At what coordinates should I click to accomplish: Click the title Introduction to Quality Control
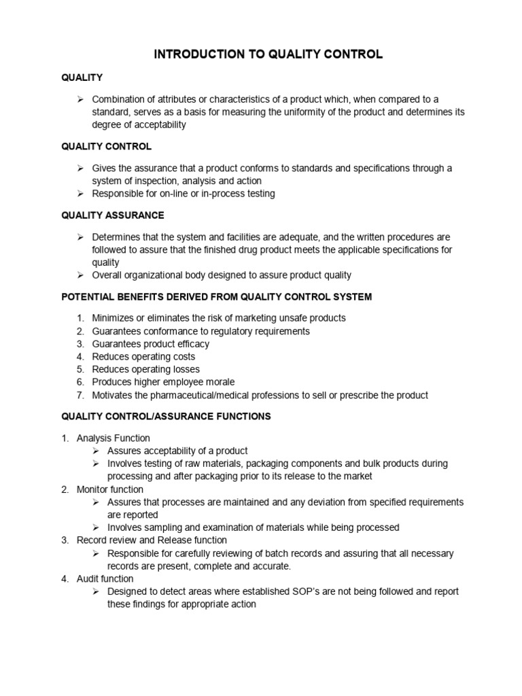[x=268, y=55]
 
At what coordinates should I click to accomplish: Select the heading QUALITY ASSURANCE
[x=112, y=215]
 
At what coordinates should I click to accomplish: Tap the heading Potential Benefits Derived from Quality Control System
[x=216, y=297]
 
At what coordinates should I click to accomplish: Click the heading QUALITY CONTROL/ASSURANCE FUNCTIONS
[x=166, y=416]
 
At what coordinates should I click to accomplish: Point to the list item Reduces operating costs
[x=143, y=357]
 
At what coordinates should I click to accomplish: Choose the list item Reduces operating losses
[x=146, y=370]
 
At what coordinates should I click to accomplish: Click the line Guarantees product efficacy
[x=151, y=344]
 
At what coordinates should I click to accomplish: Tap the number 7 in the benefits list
[x=80, y=396]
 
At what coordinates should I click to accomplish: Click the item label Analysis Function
[x=114, y=438]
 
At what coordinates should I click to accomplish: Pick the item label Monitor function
[x=110, y=489]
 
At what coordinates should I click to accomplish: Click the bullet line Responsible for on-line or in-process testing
[x=184, y=194]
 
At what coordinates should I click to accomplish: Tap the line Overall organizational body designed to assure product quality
[x=222, y=275]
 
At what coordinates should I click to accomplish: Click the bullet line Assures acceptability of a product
[x=177, y=451]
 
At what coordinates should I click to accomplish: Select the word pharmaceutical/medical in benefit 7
[x=203, y=396]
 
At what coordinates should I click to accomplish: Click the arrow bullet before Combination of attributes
[x=80, y=99]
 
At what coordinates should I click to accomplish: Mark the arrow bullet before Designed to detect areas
[x=96, y=591]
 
